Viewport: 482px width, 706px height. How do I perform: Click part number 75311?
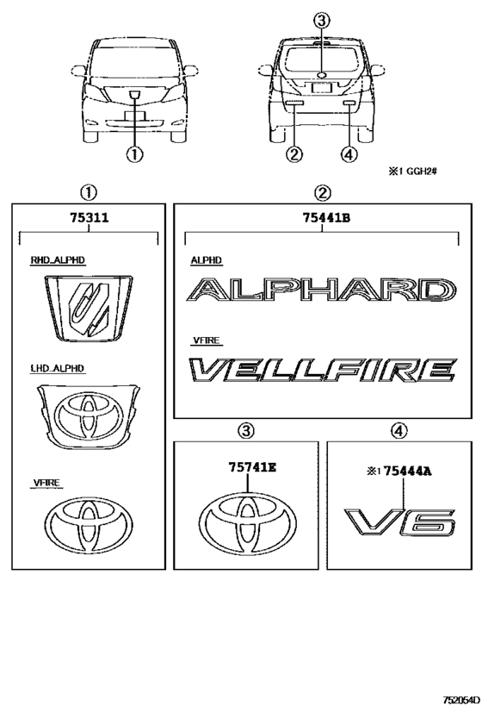(89, 218)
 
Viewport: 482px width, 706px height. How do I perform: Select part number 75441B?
(326, 218)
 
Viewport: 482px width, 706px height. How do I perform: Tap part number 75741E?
(252, 467)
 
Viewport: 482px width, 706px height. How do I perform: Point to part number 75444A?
(408, 472)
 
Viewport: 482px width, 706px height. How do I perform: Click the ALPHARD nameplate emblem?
(322, 290)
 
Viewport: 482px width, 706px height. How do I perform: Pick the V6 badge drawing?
(400, 522)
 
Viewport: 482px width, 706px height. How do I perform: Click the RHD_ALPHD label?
(58, 260)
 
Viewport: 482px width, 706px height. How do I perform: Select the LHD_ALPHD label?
(57, 368)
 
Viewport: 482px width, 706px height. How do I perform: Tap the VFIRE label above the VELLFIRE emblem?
(207, 341)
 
